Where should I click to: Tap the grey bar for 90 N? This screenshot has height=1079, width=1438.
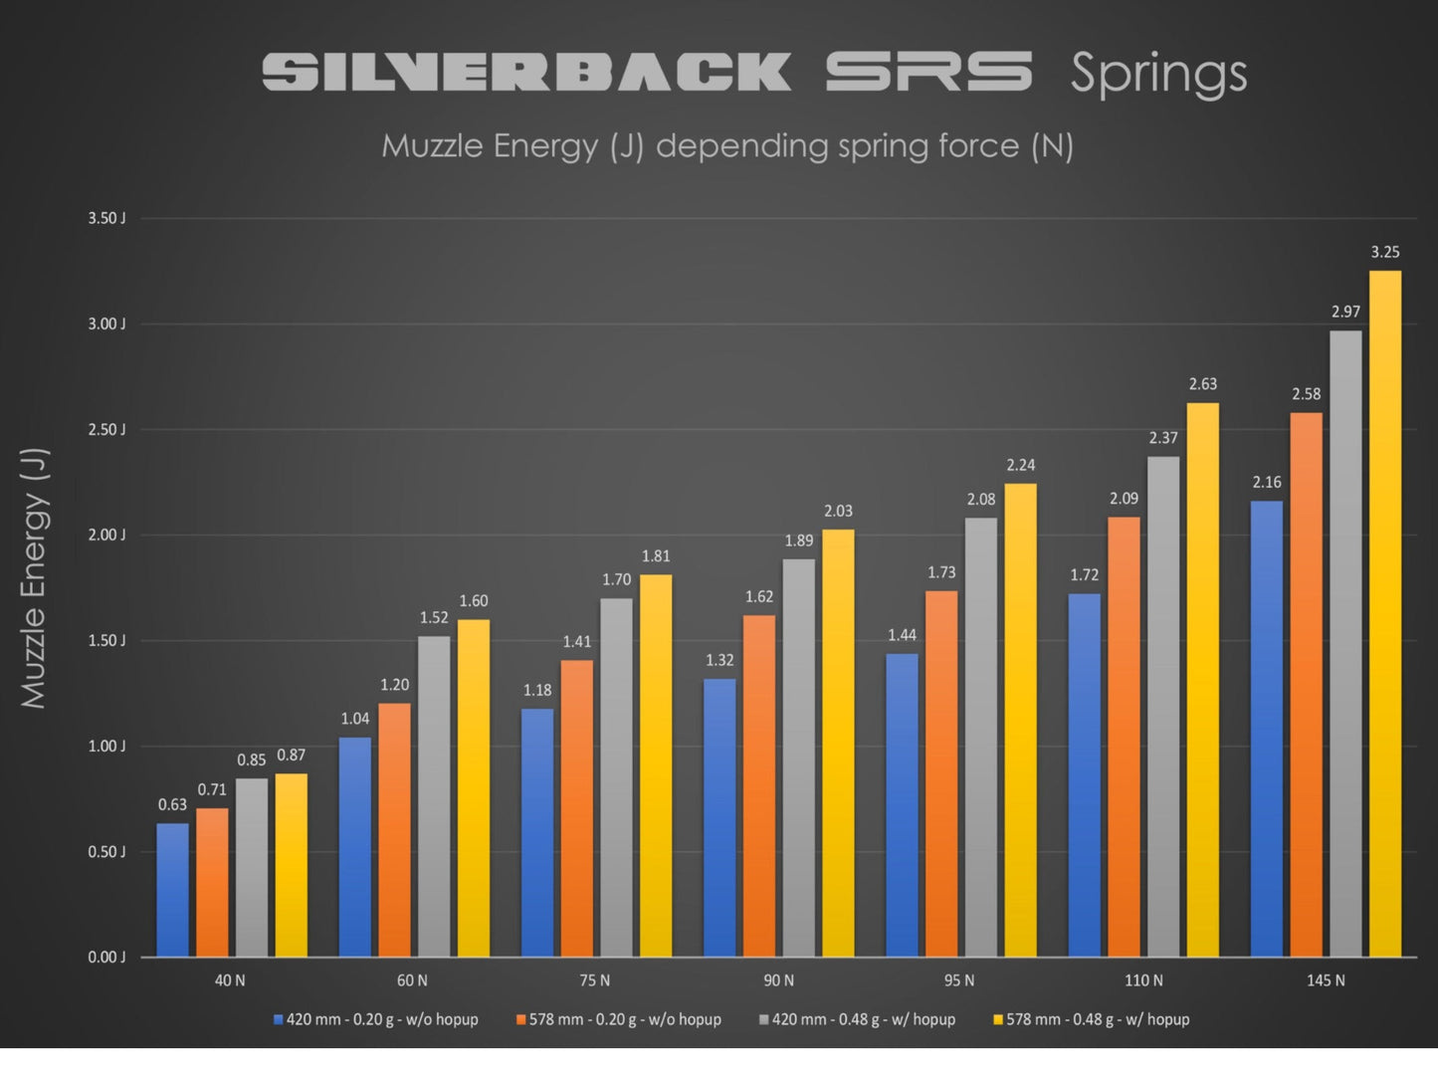798,756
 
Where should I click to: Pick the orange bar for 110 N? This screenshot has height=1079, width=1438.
1124,737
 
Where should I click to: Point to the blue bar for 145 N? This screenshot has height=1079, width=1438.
1266,728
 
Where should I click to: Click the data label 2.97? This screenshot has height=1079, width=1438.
1345,313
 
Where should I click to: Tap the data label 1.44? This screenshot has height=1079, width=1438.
902,635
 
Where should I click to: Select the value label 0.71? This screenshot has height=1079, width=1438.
212,790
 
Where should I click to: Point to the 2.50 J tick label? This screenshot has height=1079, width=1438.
106,430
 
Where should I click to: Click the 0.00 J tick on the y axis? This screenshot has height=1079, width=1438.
106,958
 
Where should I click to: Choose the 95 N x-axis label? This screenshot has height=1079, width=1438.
959,981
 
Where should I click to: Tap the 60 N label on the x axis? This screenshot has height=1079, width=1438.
412,981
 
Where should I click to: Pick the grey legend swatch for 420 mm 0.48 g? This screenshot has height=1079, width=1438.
764,1020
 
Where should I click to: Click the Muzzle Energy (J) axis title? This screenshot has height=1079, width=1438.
34,577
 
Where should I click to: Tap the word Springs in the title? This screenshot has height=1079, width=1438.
1158,75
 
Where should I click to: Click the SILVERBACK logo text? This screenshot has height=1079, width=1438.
526,73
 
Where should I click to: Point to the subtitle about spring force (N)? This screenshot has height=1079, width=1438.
727,146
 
